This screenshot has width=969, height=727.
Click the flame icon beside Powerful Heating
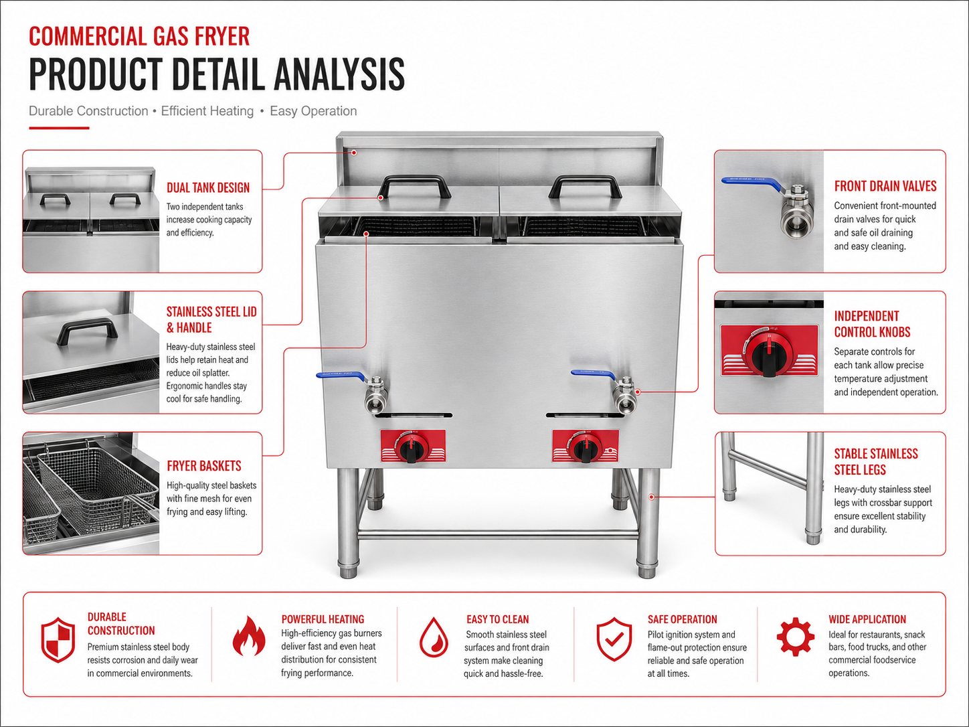coord(249,636)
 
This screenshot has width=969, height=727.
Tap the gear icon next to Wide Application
coord(796,636)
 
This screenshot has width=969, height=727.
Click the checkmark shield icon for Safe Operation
coord(614,639)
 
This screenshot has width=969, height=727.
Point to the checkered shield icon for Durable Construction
coord(58,640)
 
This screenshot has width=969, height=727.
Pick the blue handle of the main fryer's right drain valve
coord(594,375)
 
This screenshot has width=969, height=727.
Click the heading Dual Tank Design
coord(208,187)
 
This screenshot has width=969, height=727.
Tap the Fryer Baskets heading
coord(204,466)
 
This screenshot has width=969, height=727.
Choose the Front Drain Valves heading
coord(885,186)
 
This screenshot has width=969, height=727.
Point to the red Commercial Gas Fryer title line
coord(139,36)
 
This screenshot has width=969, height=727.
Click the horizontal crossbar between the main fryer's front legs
coord(497,535)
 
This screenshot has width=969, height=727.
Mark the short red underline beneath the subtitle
coord(59,128)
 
